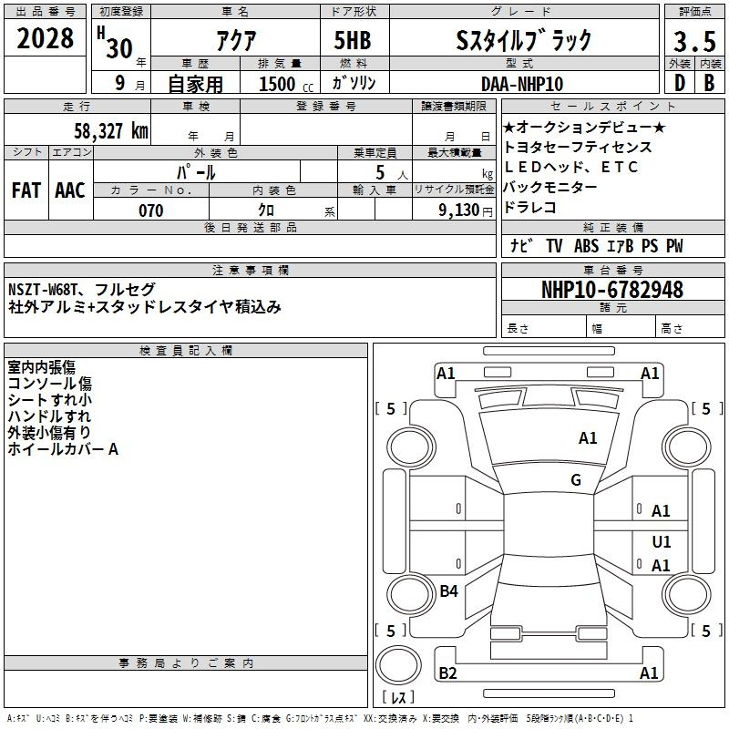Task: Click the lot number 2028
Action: [x=45, y=38]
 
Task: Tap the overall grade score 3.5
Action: [x=694, y=41]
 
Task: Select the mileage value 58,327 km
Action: [x=111, y=131]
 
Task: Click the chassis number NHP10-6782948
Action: [x=612, y=290]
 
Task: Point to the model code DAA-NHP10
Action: [x=522, y=84]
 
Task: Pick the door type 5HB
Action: [x=353, y=40]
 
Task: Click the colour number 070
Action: [x=151, y=210]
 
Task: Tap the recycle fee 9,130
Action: [x=459, y=210]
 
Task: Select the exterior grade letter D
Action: [x=680, y=83]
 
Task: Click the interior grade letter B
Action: [x=709, y=83]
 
